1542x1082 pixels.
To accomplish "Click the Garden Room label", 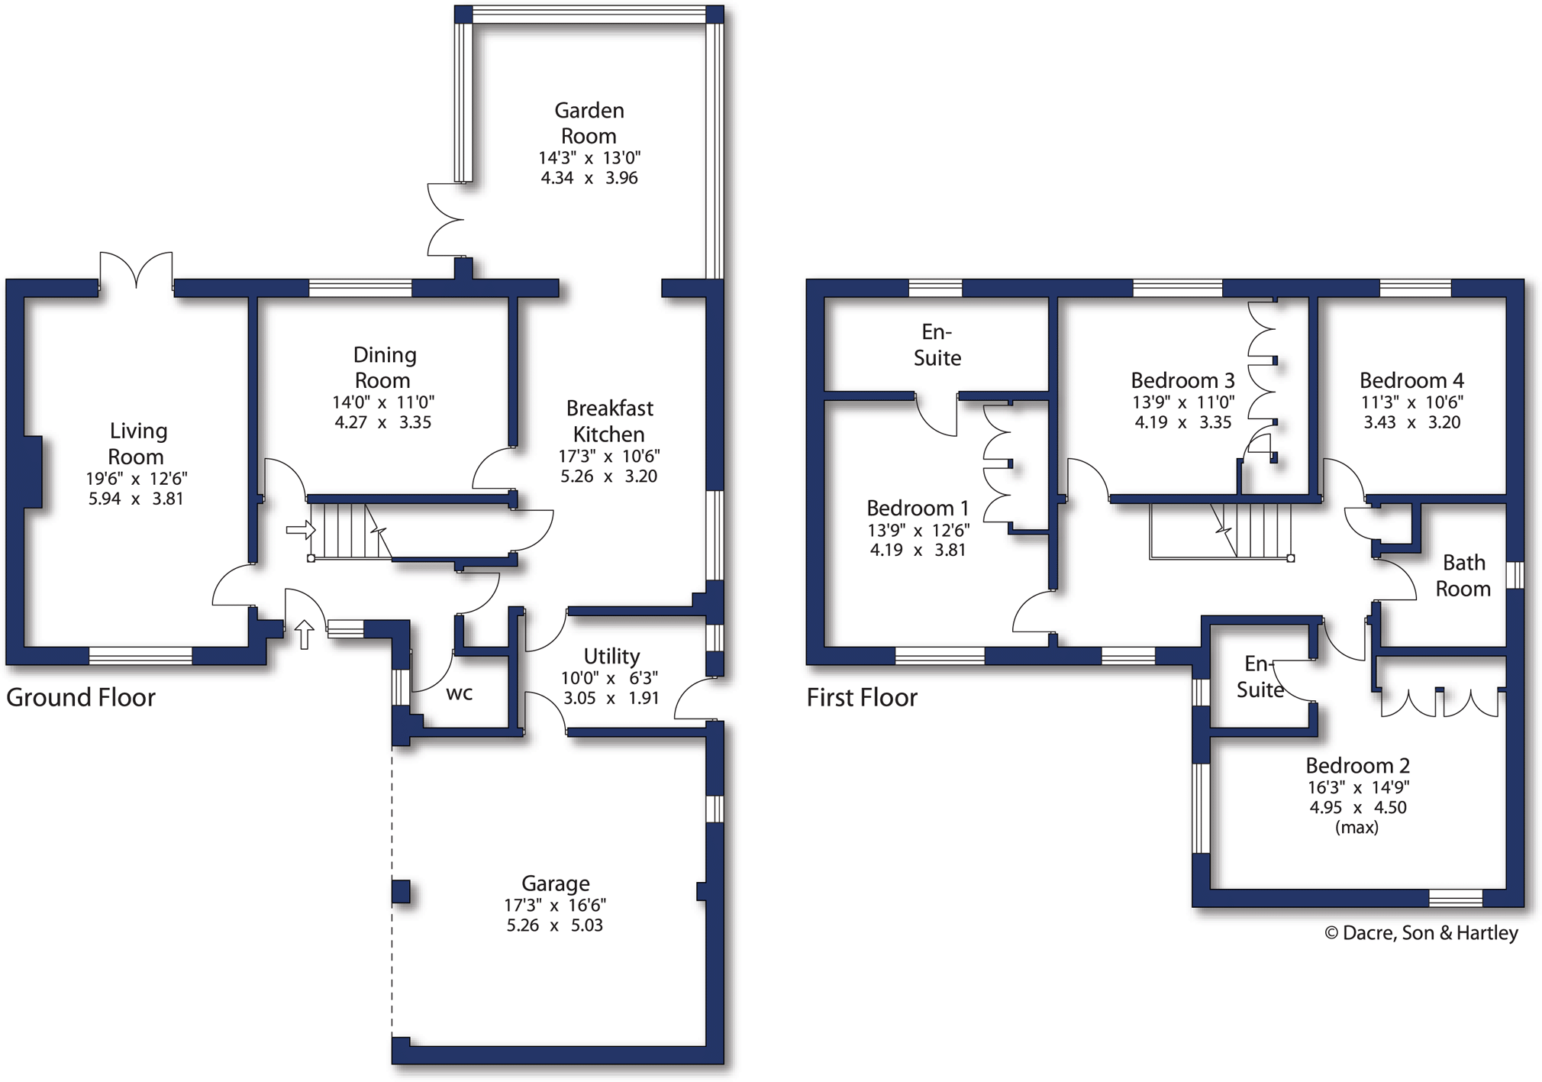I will coord(589,123).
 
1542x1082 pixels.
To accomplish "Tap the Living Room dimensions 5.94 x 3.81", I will coord(136,499).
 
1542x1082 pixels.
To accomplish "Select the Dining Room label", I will coord(383,367).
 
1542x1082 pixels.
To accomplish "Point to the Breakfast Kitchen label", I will coord(609,421).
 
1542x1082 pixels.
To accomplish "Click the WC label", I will coord(459,693).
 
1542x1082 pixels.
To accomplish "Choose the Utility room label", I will coord(611,656).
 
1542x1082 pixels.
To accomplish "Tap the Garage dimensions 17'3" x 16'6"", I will coord(555,906).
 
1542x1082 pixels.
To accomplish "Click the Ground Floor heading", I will coord(81,697).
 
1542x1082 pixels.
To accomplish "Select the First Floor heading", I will coord(862,697).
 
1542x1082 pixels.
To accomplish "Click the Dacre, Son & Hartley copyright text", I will coord(1421,933).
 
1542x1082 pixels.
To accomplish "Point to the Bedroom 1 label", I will coord(918,508).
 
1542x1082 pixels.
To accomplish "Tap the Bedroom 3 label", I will coord(1182,380).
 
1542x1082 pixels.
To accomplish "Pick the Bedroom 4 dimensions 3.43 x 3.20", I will coord(1412,422).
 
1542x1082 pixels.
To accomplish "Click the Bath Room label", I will coord(1463,575).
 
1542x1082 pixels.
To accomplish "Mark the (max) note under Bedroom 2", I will coord(1357,828).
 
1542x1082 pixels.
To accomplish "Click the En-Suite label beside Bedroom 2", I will coord(1260,677).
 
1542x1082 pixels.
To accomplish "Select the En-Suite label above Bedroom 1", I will coord(937,344).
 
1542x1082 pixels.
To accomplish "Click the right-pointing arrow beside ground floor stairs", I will coord(300,529).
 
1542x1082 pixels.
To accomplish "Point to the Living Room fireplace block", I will coord(32,472).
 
